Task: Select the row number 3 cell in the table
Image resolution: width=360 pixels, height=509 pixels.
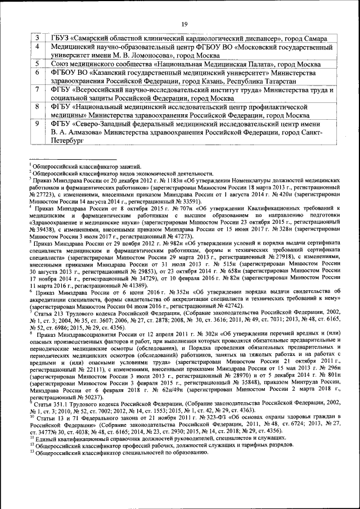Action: pyautogui.click(x=37, y=38)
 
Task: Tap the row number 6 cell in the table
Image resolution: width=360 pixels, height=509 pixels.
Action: pyautogui.click(x=37, y=73)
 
